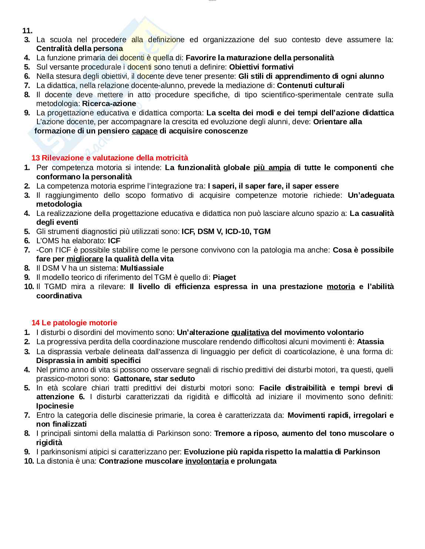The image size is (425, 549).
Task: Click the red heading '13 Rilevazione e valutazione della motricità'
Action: (110, 158)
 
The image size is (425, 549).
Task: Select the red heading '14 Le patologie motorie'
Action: (74, 323)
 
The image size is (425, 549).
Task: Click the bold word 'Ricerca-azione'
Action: (109, 104)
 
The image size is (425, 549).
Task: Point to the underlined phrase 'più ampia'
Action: (272, 167)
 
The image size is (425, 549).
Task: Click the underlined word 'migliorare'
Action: (85, 259)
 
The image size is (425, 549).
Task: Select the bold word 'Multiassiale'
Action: (142, 268)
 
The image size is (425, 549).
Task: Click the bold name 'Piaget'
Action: (224, 277)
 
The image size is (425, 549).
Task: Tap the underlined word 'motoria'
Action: (341, 287)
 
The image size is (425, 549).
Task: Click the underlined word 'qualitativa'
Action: (250, 332)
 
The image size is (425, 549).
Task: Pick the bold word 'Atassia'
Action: (370, 342)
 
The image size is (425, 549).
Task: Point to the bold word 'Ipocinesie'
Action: (55, 406)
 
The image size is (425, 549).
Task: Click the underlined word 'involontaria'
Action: (207, 461)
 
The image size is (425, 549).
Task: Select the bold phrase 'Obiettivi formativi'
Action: (261, 67)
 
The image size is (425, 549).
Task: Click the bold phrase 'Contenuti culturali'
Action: (311, 85)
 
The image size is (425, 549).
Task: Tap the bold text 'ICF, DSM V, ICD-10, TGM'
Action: (226, 231)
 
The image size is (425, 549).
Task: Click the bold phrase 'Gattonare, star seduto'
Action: (154, 379)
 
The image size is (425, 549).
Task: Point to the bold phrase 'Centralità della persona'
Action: (80, 48)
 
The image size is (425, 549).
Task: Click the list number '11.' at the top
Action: (28, 31)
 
